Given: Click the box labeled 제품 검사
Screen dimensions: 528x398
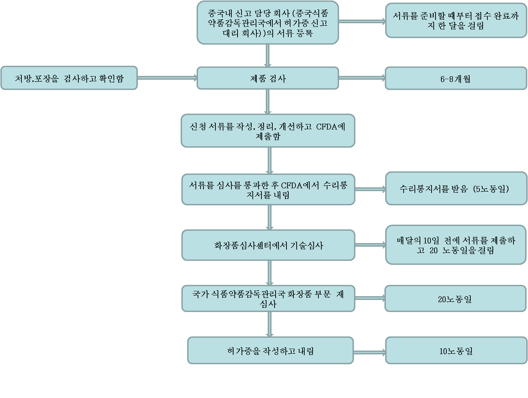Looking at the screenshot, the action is pyautogui.click(x=268, y=78).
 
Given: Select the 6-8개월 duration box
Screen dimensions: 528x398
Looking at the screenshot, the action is pyautogui.click(x=456, y=78).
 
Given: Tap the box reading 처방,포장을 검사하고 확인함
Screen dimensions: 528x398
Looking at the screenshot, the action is pyautogui.click(x=69, y=78).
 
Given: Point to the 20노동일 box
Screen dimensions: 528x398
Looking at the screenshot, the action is pyautogui.click(x=455, y=298).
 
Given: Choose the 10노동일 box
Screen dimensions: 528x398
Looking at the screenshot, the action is pyautogui.click(x=456, y=350).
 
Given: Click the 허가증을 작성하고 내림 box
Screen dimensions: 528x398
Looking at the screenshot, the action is pyautogui.click(x=271, y=350).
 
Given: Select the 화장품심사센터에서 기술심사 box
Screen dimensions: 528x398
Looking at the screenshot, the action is pyautogui.click(x=268, y=245).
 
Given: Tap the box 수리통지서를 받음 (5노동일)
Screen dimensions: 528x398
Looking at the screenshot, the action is pyautogui.click(x=456, y=188).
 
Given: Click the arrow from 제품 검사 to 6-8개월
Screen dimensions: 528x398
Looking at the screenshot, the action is pyautogui.click(x=362, y=78).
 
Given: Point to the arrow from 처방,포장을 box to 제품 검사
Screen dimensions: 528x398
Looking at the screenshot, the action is pyautogui.click(x=167, y=78).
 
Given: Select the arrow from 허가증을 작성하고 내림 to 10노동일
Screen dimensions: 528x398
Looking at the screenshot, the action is pyautogui.click(x=370, y=353).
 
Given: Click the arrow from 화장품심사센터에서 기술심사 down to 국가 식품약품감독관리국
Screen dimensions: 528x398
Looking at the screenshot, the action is pyautogui.click(x=270, y=273).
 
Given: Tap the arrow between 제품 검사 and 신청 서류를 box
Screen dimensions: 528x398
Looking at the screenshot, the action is pyautogui.click(x=268, y=102).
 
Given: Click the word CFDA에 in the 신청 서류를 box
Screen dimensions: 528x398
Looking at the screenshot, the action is pyautogui.click(x=330, y=127).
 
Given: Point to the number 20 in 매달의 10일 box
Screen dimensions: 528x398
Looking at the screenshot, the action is pyautogui.click(x=433, y=250).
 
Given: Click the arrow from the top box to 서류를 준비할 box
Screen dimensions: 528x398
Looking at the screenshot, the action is pyautogui.click(x=362, y=21).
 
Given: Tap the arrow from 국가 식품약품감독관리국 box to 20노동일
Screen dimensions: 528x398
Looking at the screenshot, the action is pyautogui.click(x=370, y=298).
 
